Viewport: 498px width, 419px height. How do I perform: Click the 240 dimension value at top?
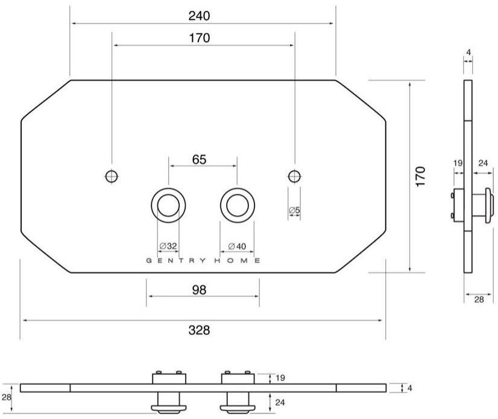point(200,16)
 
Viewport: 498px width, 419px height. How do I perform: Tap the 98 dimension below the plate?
point(200,290)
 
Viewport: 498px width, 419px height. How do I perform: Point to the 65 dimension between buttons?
point(200,159)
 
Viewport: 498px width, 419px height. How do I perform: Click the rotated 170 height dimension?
point(421,176)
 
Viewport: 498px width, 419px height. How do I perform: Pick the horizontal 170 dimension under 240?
point(200,38)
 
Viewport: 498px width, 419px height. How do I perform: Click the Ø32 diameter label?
point(168,246)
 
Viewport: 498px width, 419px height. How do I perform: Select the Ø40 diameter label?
point(237,246)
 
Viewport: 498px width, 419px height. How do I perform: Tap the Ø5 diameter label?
point(294,210)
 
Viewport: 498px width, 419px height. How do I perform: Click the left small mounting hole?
point(112,176)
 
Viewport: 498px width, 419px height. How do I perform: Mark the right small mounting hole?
point(294,176)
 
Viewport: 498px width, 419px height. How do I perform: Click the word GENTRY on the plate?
point(177,261)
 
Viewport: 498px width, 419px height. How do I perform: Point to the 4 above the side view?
point(468,53)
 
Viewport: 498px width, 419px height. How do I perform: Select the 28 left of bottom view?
point(6,397)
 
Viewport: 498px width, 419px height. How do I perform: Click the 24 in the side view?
point(482,162)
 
